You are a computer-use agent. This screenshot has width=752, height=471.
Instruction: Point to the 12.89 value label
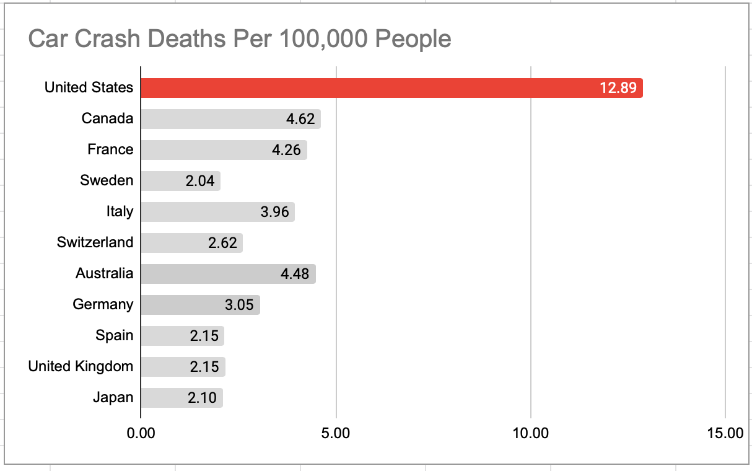coord(618,88)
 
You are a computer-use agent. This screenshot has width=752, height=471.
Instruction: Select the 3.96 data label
coord(275,212)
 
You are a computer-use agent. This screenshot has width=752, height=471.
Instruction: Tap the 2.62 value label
coord(223,243)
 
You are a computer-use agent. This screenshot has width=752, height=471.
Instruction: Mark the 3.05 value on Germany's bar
coord(240,305)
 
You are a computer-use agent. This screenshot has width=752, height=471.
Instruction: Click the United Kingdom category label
coord(81,366)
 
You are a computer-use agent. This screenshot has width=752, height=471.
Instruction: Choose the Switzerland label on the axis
coord(95,242)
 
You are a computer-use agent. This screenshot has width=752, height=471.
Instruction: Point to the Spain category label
coord(114,335)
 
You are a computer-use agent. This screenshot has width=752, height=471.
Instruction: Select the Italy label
coord(120,211)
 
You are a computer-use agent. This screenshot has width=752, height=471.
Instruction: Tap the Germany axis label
coord(103,304)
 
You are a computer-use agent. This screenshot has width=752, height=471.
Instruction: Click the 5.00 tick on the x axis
coord(336,433)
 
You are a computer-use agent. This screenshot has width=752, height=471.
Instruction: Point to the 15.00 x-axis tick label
coord(725,433)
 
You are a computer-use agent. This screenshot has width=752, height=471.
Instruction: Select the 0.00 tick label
coord(141,433)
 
